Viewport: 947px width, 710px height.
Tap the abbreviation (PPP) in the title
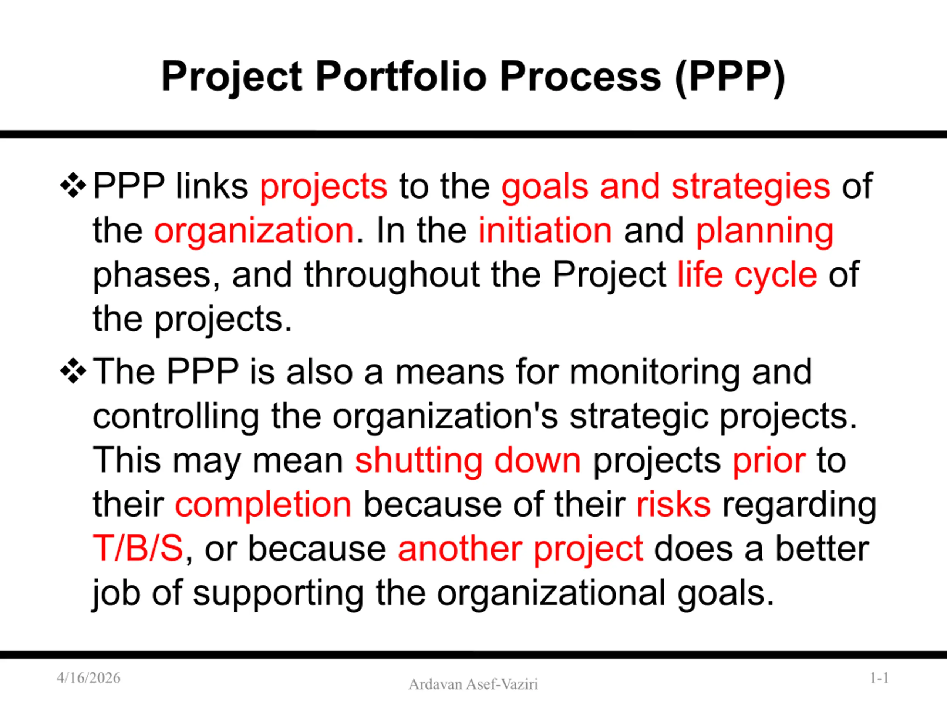729,77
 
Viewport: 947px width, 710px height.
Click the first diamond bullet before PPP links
73,185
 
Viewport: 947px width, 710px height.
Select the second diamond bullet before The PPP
73,371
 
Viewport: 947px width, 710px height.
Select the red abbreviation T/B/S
138,548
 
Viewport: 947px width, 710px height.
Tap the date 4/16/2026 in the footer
89,678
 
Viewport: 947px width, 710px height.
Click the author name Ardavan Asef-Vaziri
473,684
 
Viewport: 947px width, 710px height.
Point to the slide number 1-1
879,678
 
